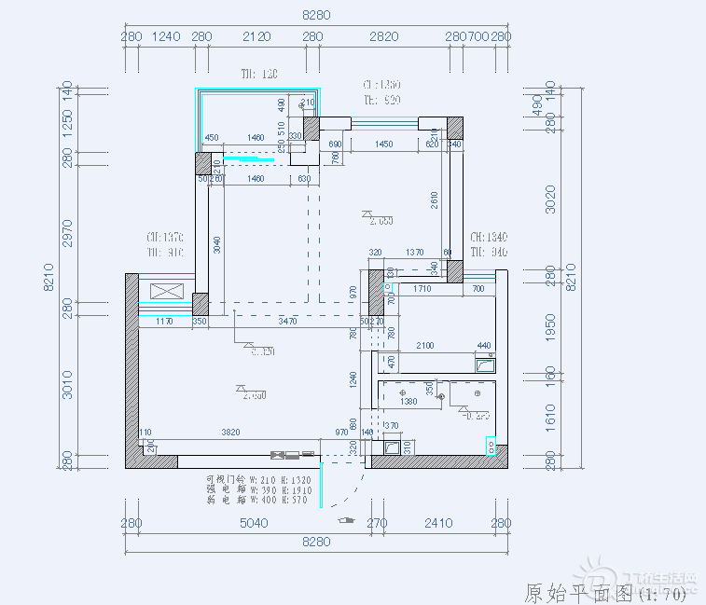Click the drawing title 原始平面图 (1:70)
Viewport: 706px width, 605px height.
(x=605, y=591)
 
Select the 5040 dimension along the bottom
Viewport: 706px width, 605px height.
(x=253, y=523)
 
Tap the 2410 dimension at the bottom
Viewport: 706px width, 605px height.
(x=437, y=523)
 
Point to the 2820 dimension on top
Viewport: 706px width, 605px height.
(x=383, y=36)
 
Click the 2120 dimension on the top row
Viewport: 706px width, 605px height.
(x=256, y=36)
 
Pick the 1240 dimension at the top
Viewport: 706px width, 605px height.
(x=166, y=36)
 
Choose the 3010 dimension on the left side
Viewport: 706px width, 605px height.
(x=66, y=385)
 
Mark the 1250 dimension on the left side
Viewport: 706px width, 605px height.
(x=66, y=125)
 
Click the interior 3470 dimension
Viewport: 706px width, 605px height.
(x=288, y=322)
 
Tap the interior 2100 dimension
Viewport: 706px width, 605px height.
(x=425, y=346)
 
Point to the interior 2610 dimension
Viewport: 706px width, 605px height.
(x=435, y=199)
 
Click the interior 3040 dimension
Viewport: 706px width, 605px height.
(x=217, y=244)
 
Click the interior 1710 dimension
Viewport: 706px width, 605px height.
(x=422, y=290)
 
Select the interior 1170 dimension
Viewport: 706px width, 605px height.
(x=165, y=322)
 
